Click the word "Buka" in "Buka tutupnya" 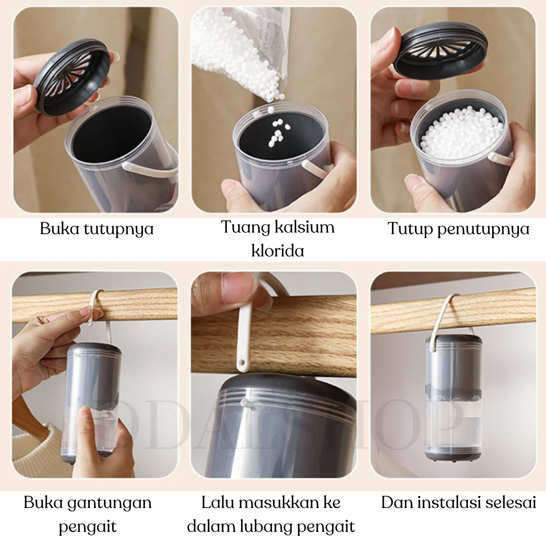[x=59, y=229]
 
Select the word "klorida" [x=278, y=250]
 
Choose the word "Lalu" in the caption [x=218, y=502]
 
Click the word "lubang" [x=267, y=527]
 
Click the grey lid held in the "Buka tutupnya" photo [x=72, y=77]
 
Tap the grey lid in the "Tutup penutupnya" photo [x=441, y=50]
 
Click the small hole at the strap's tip [x=242, y=362]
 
